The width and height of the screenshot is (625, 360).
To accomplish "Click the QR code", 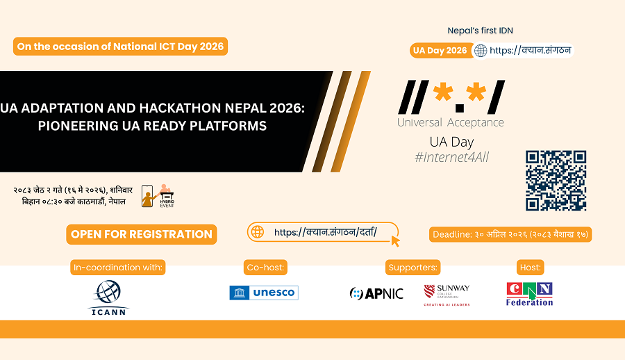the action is pyautogui.click(x=556, y=181).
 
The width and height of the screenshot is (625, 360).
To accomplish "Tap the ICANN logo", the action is pyautogui.click(x=108, y=297).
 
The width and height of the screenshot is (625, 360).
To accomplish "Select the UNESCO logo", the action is pyautogui.click(x=264, y=293).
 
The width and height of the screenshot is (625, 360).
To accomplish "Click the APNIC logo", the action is pyautogui.click(x=376, y=294).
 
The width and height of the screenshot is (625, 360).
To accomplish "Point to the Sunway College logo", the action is pyautogui.click(x=447, y=295).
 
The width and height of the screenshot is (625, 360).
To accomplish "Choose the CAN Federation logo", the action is pyautogui.click(x=529, y=294).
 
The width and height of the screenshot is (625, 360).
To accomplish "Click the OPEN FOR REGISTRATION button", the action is pyautogui.click(x=142, y=234).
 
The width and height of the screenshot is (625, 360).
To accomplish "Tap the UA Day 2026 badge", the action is pyautogui.click(x=441, y=51).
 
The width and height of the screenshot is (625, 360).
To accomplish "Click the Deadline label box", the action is pyautogui.click(x=510, y=234).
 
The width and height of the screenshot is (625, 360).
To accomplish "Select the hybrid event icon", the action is pyautogui.click(x=158, y=195).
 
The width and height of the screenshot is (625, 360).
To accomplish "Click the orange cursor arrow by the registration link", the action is pyautogui.click(x=395, y=241).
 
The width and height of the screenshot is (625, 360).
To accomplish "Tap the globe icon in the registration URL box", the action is pyautogui.click(x=258, y=232).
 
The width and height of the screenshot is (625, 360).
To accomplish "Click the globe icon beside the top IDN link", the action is pyautogui.click(x=481, y=51).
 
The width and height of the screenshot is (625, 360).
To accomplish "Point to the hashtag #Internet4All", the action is pyautogui.click(x=451, y=157).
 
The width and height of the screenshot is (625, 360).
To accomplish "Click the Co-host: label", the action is pyautogui.click(x=265, y=268).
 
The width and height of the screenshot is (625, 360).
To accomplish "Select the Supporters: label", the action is pyautogui.click(x=413, y=268).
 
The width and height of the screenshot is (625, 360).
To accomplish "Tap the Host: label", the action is pyautogui.click(x=530, y=268).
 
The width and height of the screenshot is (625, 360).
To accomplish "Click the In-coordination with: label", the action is pyautogui.click(x=118, y=268).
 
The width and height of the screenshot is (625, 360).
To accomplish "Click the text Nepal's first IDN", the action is pyautogui.click(x=481, y=31).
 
